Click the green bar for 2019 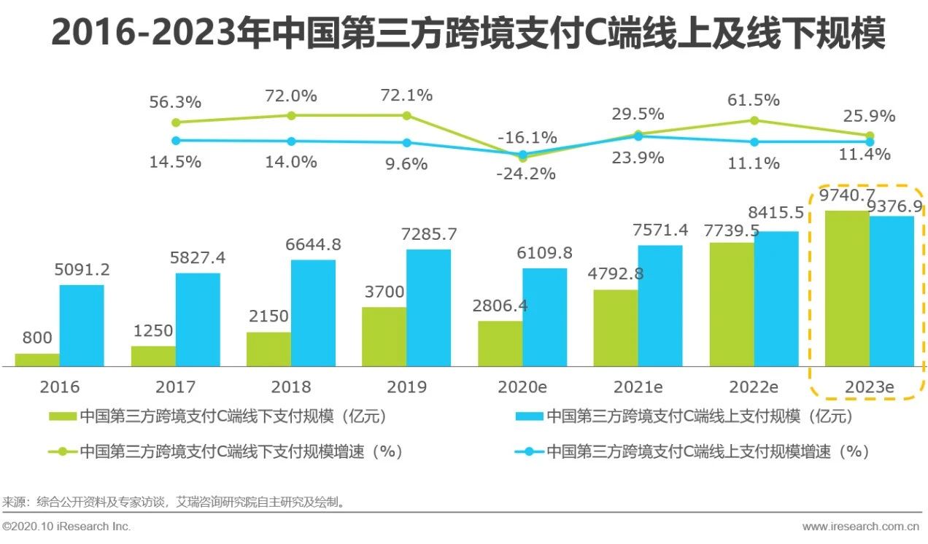tap(384, 336)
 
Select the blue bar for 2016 tap(82, 325)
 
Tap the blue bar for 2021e tap(660, 306)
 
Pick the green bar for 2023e tap(846, 289)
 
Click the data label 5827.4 tap(198, 258)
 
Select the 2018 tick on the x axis tap(290, 386)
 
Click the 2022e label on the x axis tap(754, 386)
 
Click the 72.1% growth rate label tap(406, 96)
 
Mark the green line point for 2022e tap(754, 120)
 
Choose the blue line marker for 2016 tap(175, 140)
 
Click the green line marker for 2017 tap(291, 115)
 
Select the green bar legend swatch tap(62, 416)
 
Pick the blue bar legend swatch tap(529, 416)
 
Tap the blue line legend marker tap(529, 451)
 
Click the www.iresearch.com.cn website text tap(861, 526)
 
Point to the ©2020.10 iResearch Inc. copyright tap(66, 526)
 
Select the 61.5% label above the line tap(754, 100)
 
